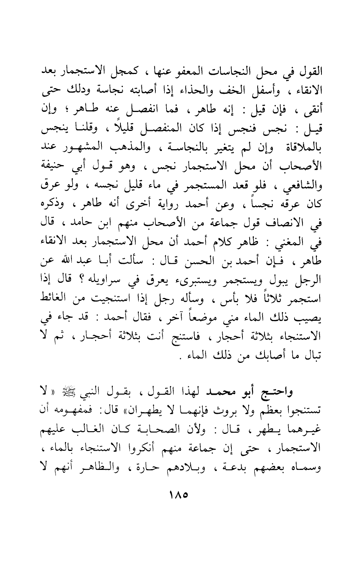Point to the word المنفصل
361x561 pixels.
coord(169,131)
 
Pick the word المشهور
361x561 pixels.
coord(91,151)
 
